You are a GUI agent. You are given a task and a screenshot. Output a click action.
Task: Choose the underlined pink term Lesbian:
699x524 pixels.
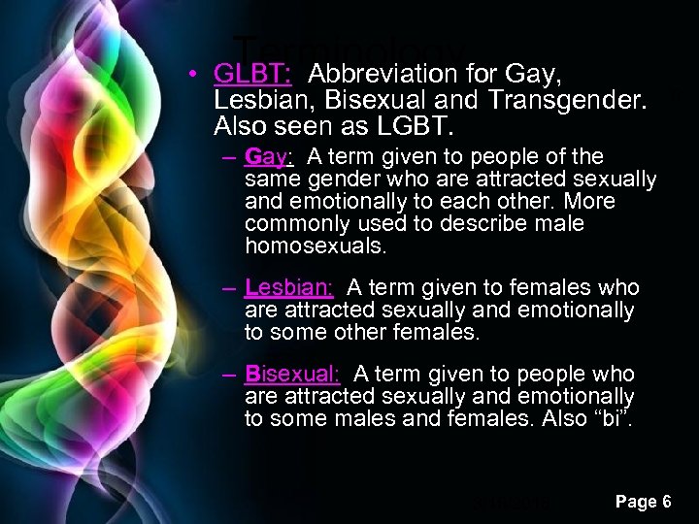(289, 288)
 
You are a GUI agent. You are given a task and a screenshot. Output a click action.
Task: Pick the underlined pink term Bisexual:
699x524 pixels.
(292, 375)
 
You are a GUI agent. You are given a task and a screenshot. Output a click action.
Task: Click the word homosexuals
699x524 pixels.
(316, 246)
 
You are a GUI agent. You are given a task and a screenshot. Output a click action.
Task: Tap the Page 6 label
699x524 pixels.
(644, 502)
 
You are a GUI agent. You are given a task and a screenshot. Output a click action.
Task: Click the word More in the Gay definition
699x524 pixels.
(590, 202)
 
